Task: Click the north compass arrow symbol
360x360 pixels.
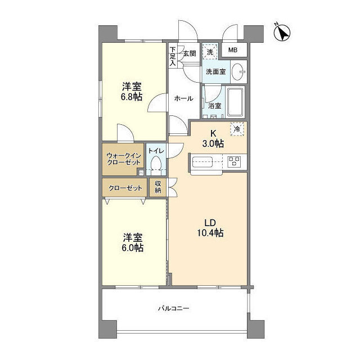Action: [x=282, y=33]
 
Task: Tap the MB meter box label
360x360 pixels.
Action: [x=232, y=50]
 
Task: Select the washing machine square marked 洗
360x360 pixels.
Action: [x=210, y=52]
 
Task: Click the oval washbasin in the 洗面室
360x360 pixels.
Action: [x=238, y=71]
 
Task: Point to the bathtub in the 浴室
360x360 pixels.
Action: [x=235, y=102]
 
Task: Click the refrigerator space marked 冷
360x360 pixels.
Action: [x=237, y=129]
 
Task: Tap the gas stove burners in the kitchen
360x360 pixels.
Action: [x=234, y=161]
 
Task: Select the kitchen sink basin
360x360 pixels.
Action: [x=202, y=162]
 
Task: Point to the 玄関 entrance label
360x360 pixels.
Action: [x=190, y=53]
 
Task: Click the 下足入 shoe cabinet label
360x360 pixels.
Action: [x=173, y=56]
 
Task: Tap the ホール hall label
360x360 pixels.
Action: [x=184, y=99]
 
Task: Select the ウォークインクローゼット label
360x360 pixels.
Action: [x=124, y=159]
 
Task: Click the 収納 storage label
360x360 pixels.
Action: [x=157, y=187]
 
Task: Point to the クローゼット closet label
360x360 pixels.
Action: [x=125, y=188]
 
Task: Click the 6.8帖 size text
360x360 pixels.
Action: [x=132, y=97]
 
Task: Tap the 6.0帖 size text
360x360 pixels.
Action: [x=133, y=248]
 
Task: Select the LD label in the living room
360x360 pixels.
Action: [x=210, y=223]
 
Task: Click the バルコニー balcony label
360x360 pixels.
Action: [x=174, y=308]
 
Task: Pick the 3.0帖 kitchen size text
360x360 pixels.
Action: [x=213, y=144]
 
